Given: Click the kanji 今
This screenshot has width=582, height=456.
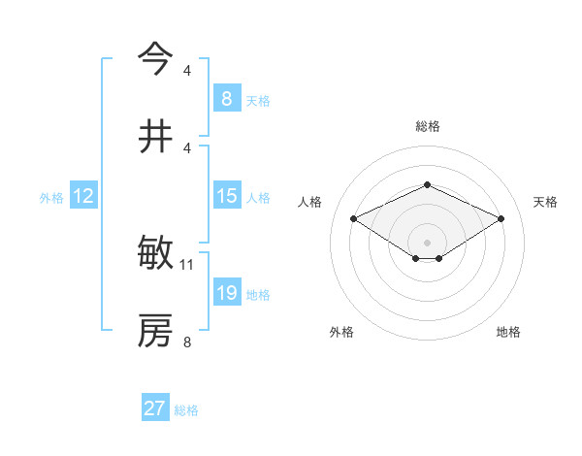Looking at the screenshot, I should (x=155, y=59).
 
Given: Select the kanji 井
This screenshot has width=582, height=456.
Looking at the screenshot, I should (x=155, y=136).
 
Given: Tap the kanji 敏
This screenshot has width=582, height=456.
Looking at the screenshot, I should (x=155, y=255).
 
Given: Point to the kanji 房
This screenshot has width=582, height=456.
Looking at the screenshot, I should (x=155, y=331).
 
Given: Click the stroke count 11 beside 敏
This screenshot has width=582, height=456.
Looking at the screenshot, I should (x=187, y=264).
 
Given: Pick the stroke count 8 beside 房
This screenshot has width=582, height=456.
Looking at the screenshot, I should (x=187, y=341).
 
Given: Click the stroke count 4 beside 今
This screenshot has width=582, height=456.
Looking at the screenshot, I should (x=187, y=71).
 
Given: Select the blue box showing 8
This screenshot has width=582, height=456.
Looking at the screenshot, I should (x=226, y=99).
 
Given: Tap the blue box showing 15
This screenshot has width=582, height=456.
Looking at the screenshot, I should (x=226, y=196).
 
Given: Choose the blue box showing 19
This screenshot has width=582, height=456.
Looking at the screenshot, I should (x=226, y=293).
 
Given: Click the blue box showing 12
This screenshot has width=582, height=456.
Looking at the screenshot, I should (x=83, y=196).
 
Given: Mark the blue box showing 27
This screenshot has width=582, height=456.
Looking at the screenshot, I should (x=155, y=408).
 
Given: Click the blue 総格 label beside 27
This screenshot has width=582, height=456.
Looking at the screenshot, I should (x=186, y=410).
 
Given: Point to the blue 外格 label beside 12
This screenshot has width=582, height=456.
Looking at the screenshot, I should (x=51, y=198).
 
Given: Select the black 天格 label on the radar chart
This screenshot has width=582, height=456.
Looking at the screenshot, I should (x=545, y=202).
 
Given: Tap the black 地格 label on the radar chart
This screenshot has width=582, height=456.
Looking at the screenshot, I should (x=508, y=332).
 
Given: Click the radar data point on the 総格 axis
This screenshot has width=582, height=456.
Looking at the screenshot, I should (x=427, y=183).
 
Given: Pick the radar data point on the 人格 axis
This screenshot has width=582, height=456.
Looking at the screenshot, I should (x=353, y=218).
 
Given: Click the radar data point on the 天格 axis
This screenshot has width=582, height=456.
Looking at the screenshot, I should (x=501, y=218).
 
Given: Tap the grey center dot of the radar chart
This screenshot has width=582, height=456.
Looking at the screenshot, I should (x=427, y=242).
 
